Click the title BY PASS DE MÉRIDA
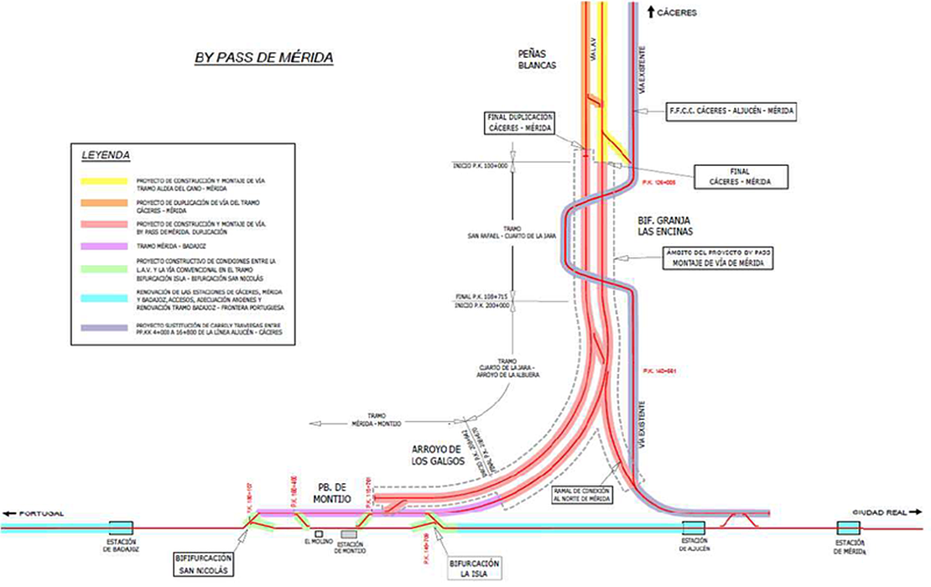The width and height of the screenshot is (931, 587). click(264, 58)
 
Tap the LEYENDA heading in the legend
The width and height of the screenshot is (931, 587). click(107, 156)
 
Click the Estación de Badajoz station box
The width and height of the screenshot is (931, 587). click(121, 527)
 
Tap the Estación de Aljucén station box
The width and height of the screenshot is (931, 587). click(693, 527)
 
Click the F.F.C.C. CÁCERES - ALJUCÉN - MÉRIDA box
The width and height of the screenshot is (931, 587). click(731, 110)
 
